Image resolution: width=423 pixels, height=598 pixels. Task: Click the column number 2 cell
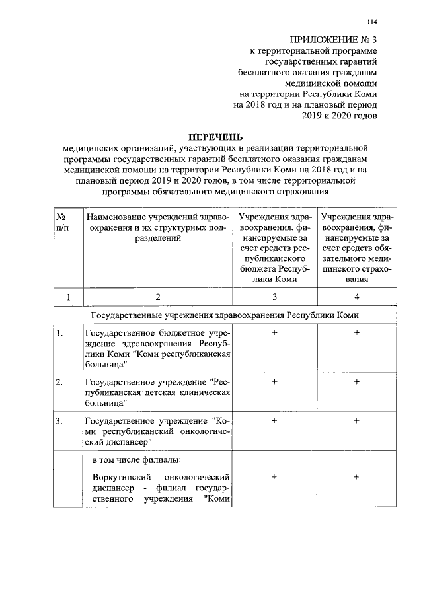[x=157, y=297]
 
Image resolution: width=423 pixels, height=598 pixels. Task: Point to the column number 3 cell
[x=274, y=297]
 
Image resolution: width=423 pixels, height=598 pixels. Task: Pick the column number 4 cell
[x=356, y=297]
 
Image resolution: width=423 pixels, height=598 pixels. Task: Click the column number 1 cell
[x=66, y=297]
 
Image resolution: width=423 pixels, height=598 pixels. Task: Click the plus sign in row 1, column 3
[x=274, y=334]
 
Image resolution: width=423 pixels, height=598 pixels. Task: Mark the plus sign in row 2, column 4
[x=356, y=382]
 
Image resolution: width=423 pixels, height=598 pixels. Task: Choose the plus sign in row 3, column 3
[x=274, y=420]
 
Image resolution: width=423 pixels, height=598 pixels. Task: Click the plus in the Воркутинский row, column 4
[x=356, y=476]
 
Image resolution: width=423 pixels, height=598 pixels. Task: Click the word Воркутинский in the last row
[x=116, y=476]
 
